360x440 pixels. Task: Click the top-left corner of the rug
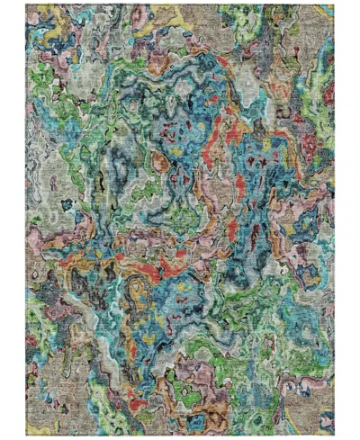(26, 4)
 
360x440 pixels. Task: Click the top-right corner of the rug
(334, 4)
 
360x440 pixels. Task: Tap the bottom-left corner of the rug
(26, 436)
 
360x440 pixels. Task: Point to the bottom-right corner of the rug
(334, 436)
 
